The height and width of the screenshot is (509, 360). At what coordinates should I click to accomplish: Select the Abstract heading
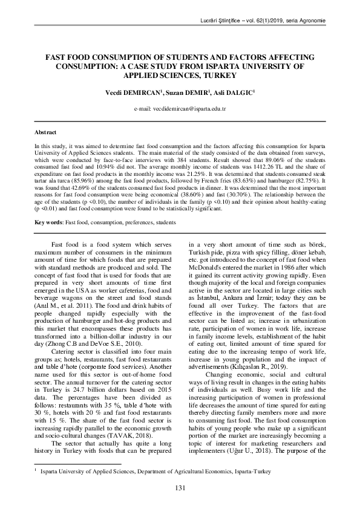[44, 132]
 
